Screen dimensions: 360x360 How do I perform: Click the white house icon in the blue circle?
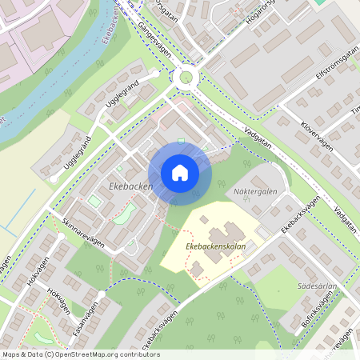(180, 173)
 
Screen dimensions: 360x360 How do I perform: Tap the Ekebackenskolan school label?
(214, 246)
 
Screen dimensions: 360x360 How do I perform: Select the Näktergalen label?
(255, 191)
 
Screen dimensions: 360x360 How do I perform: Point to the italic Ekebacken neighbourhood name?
(129, 186)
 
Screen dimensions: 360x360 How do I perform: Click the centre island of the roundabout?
(189, 77)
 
